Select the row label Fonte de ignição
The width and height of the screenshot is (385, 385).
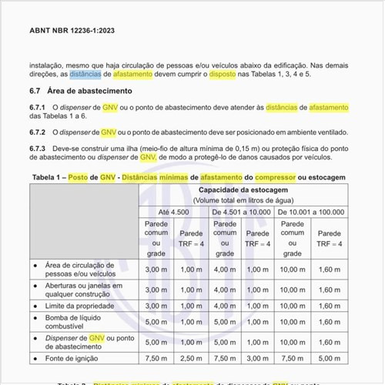coord(73,359)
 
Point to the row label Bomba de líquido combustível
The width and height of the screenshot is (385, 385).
coord(79,323)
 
